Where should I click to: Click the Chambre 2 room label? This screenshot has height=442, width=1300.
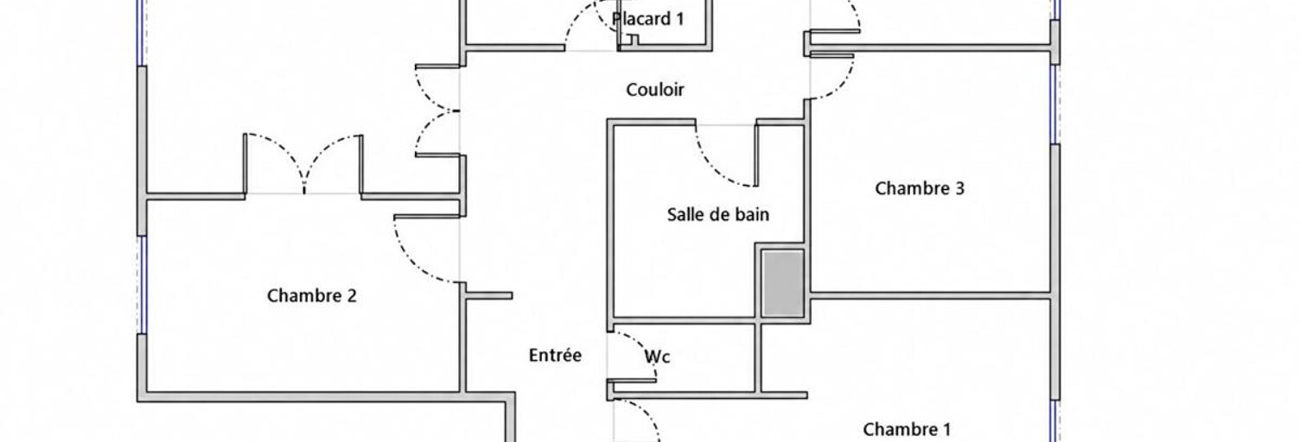tap(312, 295)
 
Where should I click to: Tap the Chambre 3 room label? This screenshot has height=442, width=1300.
tap(920, 188)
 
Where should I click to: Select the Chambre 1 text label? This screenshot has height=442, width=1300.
tap(907, 429)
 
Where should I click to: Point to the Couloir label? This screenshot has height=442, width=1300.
tap(654, 90)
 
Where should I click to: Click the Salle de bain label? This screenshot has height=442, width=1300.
tap(718, 214)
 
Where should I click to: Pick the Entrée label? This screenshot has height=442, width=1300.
tap(555, 355)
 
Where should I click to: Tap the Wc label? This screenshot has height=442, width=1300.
tap(657, 357)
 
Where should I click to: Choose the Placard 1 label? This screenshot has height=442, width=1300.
tap(647, 18)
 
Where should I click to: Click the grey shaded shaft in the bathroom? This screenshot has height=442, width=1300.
tap(782, 283)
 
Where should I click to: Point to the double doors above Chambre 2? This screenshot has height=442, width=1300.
tap(303, 164)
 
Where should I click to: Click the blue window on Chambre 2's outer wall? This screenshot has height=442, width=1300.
tap(142, 284)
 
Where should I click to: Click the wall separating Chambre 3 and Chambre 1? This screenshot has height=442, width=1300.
tap(930, 296)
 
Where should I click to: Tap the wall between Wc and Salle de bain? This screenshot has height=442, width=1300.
tap(683, 320)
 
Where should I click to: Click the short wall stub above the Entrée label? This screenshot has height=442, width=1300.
tap(488, 295)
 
